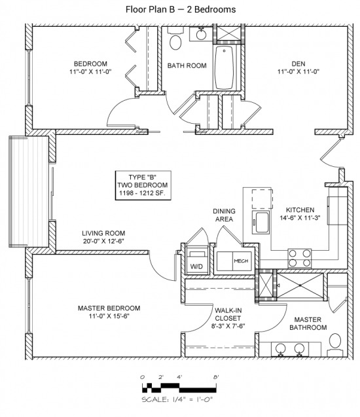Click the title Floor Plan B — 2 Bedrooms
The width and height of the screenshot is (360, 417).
181,10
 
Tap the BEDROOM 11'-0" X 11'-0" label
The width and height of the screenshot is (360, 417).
90,67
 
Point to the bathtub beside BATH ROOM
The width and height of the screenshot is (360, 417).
224,68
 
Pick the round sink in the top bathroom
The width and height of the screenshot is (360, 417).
201,34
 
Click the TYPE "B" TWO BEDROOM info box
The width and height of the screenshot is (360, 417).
143,185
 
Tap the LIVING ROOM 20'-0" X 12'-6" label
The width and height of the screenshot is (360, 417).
103,237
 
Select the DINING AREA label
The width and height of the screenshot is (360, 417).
224,215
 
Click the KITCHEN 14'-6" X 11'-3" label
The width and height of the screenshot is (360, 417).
300,213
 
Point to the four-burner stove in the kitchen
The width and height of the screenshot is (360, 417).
300,258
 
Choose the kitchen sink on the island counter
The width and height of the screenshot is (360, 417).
261,223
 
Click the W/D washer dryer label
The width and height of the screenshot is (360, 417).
196,266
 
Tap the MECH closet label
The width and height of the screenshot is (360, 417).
241,261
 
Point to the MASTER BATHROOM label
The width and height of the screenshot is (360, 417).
308,323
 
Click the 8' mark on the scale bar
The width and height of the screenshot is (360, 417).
216,377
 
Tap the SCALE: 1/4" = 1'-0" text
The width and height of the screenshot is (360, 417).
177,399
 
